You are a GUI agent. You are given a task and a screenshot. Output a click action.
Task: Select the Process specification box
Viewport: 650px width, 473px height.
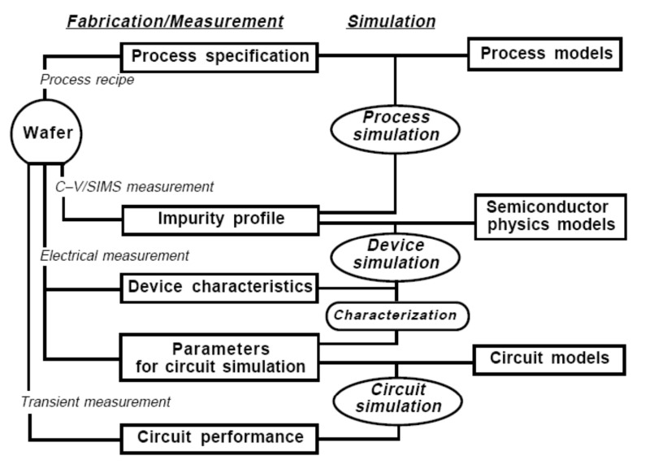[x=219, y=56]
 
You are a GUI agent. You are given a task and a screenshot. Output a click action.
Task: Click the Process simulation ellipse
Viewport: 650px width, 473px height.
[x=396, y=126]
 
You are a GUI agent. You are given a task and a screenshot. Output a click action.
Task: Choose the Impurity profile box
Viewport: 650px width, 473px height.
[x=219, y=219]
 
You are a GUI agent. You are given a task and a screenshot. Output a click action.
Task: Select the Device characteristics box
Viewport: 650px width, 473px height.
[x=219, y=286]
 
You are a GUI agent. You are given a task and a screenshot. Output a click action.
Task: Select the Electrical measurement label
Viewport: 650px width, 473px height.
[x=114, y=255]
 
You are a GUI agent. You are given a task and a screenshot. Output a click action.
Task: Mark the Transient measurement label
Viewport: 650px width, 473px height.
[x=95, y=401]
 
